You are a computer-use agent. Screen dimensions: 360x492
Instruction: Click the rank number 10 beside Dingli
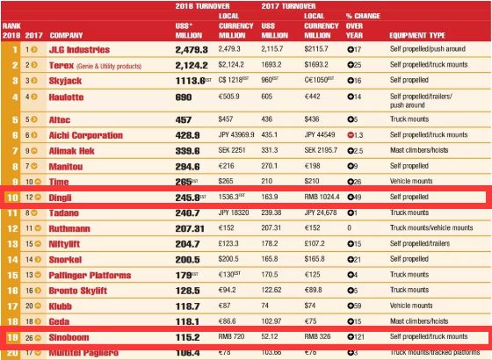point(11,198)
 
